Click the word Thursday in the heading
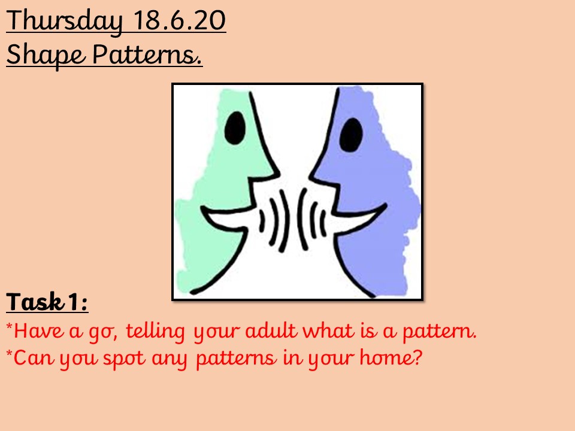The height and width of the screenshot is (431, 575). click(64, 22)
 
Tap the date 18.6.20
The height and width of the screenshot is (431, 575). click(179, 20)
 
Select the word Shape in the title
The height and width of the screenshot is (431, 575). click(46, 55)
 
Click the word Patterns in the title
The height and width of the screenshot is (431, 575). click(147, 54)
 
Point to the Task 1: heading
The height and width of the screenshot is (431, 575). click(47, 302)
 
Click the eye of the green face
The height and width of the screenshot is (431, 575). click(235, 128)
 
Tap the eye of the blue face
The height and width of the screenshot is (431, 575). click(351, 135)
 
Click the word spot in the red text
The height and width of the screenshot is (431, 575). click(125, 359)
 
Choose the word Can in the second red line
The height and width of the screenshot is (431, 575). click(34, 357)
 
